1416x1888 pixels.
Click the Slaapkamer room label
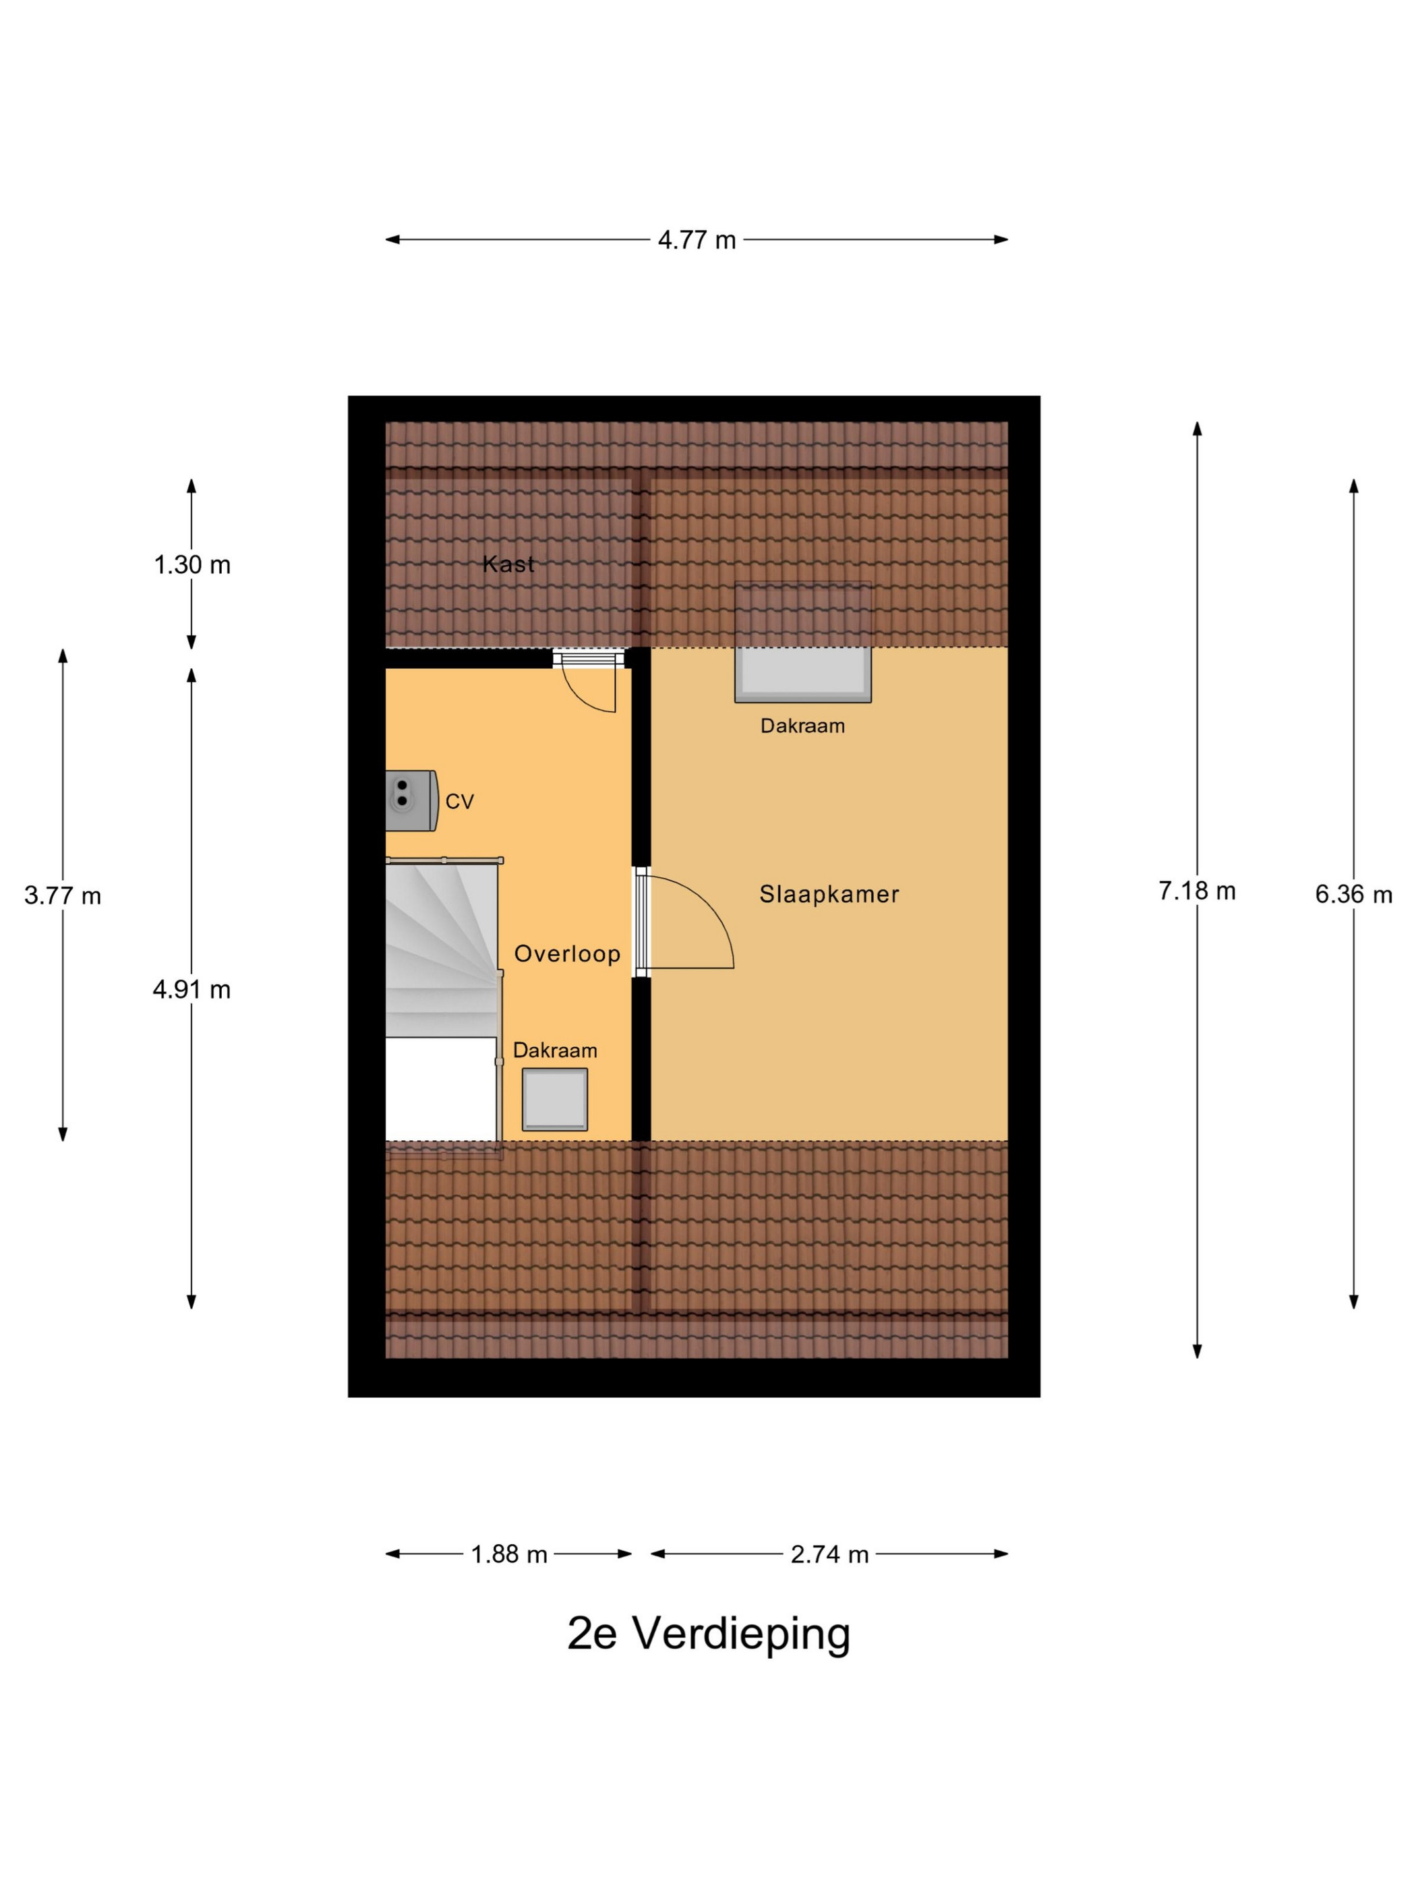(829, 895)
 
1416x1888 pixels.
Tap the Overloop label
(567, 953)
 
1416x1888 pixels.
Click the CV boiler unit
(411, 800)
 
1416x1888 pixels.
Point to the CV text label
(459, 802)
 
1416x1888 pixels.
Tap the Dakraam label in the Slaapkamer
(802, 726)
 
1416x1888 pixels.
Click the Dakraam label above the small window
(555, 1051)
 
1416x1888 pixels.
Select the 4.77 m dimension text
(697, 240)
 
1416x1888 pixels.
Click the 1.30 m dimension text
(192, 565)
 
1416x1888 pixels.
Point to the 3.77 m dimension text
(63, 895)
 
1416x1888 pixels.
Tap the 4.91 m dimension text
(192, 989)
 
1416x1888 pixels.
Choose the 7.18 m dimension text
(1197, 891)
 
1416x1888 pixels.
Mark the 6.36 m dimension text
(1354, 895)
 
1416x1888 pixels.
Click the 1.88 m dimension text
(508, 1554)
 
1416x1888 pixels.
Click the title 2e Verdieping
(709, 1634)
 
